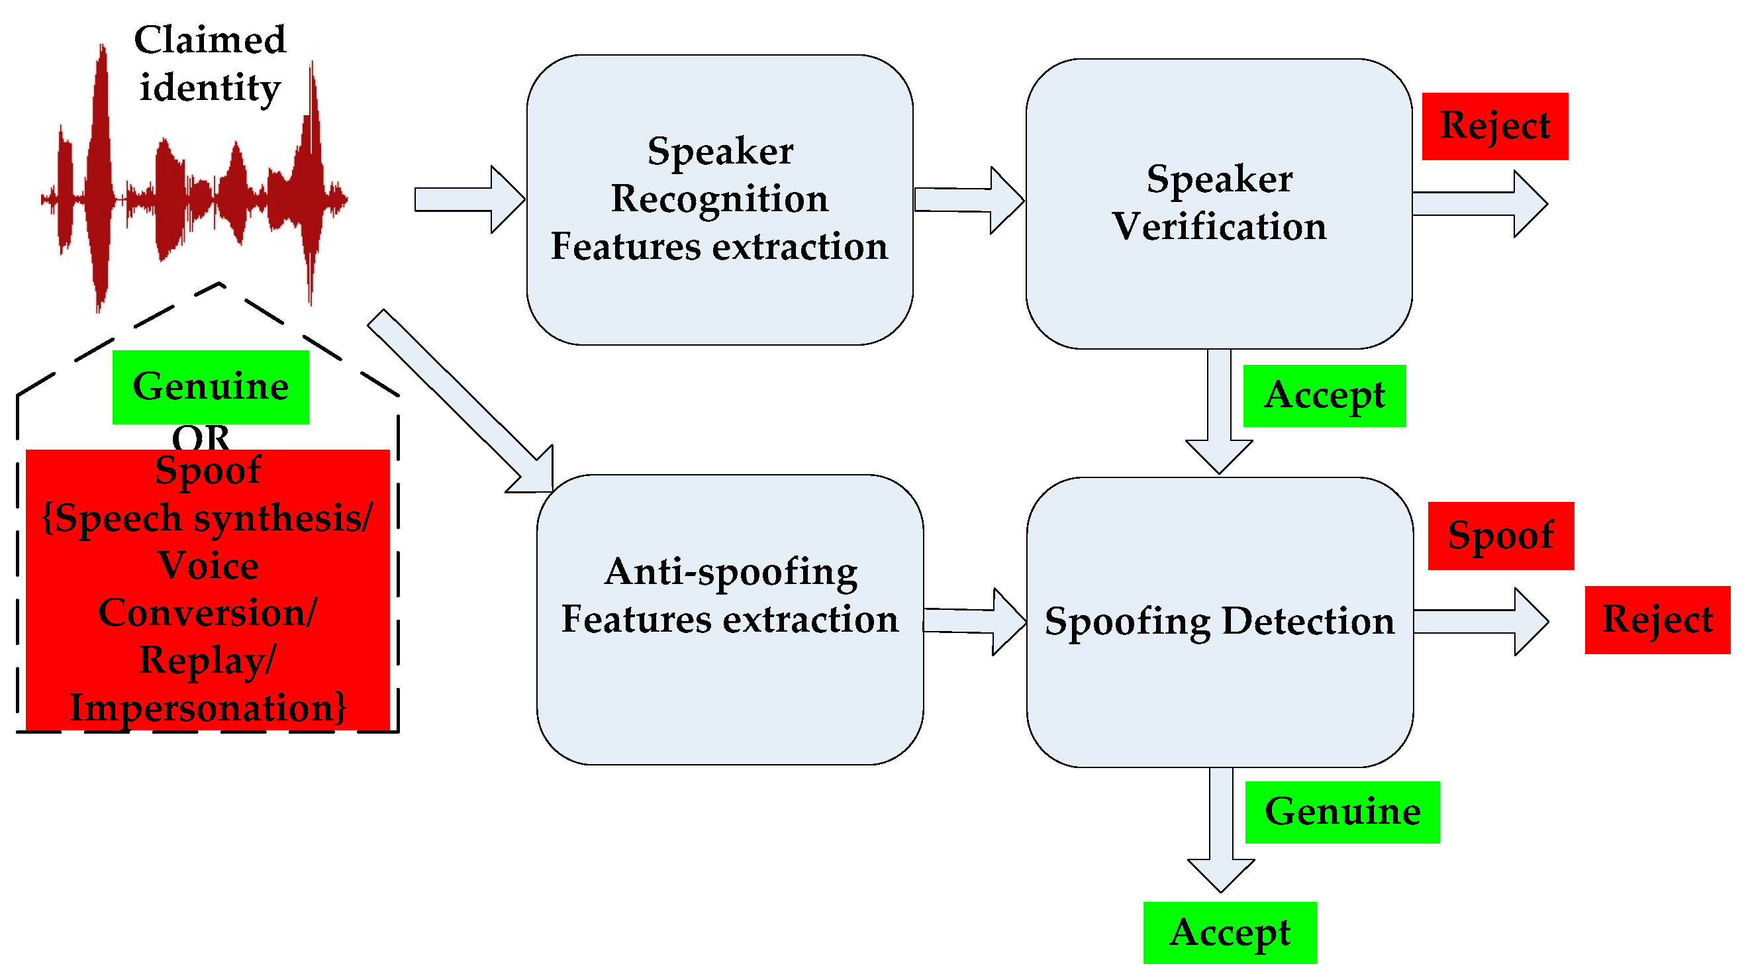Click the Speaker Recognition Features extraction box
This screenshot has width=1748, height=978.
(719, 199)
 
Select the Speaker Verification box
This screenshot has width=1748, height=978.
(1219, 203)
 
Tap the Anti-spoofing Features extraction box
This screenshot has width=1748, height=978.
(730, 619)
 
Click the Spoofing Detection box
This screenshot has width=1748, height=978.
(1220, 622)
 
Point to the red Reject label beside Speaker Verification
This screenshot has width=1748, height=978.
(1494, 126)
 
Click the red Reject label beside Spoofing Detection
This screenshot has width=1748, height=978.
(1657, 620)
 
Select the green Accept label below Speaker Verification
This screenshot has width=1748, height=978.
(1324, 396)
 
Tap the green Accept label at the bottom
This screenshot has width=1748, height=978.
(1230, 932)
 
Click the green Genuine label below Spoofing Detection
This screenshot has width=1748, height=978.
(1341, 812)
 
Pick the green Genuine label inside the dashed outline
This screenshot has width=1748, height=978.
(211, 387)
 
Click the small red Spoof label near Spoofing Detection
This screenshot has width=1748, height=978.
(1500, 536)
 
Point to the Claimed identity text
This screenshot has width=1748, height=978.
(210, 64)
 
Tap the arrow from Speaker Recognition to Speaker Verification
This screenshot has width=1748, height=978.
(968, 200)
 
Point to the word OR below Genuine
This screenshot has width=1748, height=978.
(201, 437)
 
